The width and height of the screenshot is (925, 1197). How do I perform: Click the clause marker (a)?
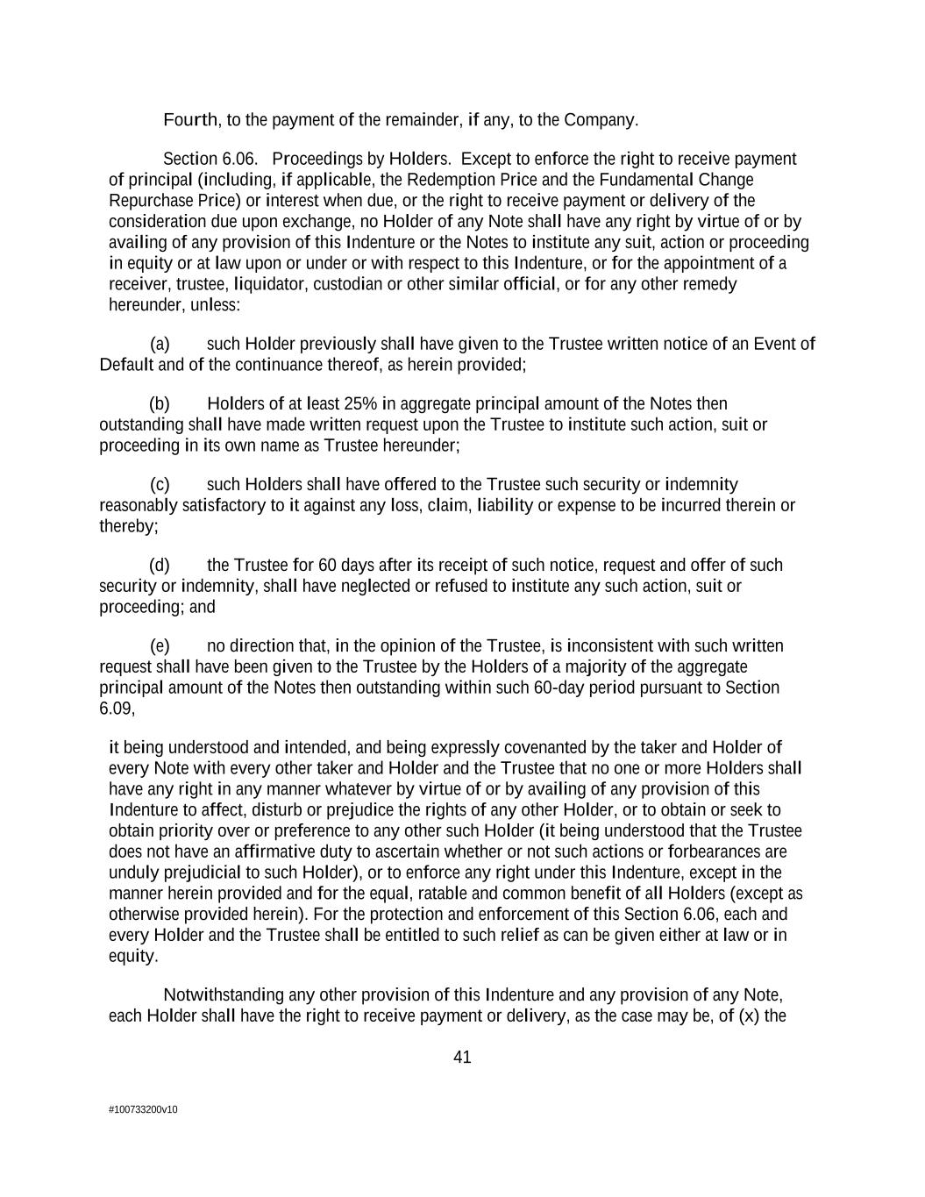tap(160, 344)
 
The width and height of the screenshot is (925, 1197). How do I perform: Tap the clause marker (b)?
tap(160, 403)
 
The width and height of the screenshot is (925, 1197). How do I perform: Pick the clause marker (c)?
tap(160, 484)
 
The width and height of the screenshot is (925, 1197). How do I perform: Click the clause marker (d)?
tap(160, 565)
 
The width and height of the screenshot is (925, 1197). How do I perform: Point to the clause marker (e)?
tap(160, 646)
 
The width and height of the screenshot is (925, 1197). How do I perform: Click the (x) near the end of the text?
tap(748, 1016)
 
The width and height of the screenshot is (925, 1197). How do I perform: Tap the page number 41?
tap(462, 1057)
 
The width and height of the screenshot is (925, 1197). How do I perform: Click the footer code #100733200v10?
tap(143, 1109)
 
